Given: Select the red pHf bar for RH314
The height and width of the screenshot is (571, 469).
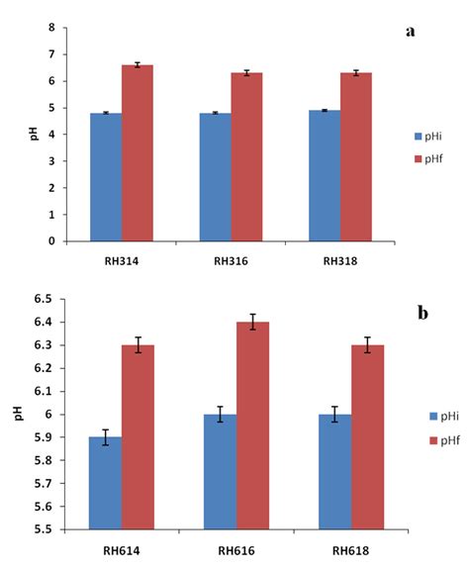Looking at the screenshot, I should tap(138, 152).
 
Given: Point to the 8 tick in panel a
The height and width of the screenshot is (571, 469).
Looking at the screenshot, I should tap(51, 28).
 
